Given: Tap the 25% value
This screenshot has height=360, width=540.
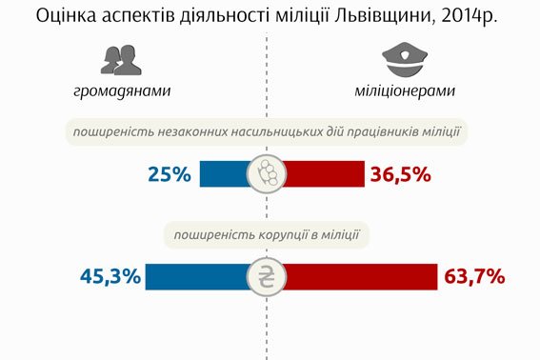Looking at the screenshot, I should click(170, 174).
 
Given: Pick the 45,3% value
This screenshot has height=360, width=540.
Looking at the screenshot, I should click(110, 277).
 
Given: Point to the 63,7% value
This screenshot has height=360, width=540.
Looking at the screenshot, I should click(473, 277).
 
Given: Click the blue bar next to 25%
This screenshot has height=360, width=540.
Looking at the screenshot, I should click(224, 174).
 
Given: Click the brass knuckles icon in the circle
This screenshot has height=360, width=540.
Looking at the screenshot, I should click(267, 174).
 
